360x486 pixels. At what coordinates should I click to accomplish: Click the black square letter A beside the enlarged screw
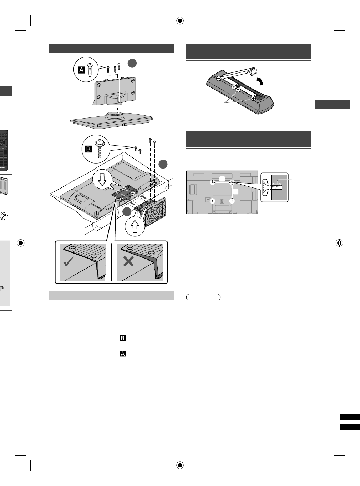(81, 70)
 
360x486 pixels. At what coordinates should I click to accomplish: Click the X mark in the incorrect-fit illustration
(128, 262)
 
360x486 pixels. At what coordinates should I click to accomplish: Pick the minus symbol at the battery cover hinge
(218, 77)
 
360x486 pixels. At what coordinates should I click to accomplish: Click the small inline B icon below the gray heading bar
(122, 338)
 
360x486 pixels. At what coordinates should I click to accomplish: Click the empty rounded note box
(203, 297)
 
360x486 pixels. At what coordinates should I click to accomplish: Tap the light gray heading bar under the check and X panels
(111, 296)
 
